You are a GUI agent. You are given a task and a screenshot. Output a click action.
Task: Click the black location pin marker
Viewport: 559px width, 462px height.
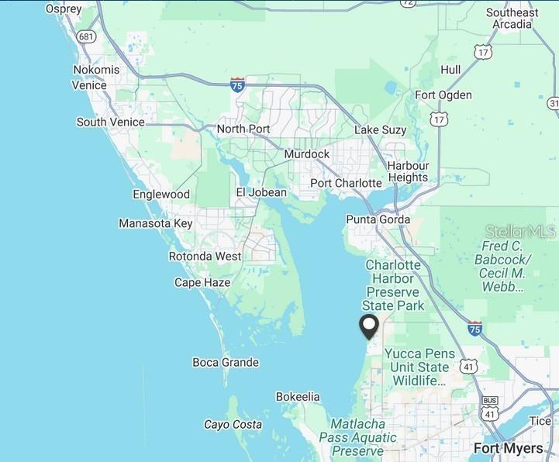[x=369, y=326]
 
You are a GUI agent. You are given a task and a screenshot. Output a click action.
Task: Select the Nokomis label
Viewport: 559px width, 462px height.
[x=96, y=70]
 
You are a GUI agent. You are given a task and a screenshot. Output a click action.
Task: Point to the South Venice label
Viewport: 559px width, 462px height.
[x=110, y=122]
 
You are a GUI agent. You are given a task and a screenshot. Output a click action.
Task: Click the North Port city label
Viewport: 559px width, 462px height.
[x=243, y=129]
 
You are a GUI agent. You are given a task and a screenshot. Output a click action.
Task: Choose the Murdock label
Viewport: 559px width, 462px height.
[x=306, y=154]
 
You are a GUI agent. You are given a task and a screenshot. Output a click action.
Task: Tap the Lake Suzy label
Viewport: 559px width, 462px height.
[x=381, y=129]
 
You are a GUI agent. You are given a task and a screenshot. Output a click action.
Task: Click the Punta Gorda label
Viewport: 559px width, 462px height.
[x=378, y=219]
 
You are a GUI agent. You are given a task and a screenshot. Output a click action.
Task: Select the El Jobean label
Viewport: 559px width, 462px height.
[x=261, y=192]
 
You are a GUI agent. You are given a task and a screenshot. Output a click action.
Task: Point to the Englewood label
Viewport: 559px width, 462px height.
[x=161, y=195]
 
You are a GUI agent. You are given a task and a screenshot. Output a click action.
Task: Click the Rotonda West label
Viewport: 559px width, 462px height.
[x=205, y=256]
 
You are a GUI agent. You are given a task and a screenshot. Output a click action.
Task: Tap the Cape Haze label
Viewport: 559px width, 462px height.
[x=202, y=282]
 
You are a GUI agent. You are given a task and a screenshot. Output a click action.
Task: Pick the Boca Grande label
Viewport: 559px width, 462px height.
[x=226, y=362]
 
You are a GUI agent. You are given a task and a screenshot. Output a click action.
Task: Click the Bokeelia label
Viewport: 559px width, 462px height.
[x=298, y=397]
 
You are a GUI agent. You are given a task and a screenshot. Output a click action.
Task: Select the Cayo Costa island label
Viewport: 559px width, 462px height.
[x=233, y=424]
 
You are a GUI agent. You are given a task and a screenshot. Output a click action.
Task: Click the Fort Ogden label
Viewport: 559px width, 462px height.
[x=443, y=95]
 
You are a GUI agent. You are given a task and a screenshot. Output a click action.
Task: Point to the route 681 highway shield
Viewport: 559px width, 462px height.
[x=87, y=36]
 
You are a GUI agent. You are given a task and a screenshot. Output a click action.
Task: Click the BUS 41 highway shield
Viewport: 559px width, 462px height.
[x=489, y=408]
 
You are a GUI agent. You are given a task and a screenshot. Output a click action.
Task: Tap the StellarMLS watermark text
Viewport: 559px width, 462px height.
[x=521, y=231]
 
